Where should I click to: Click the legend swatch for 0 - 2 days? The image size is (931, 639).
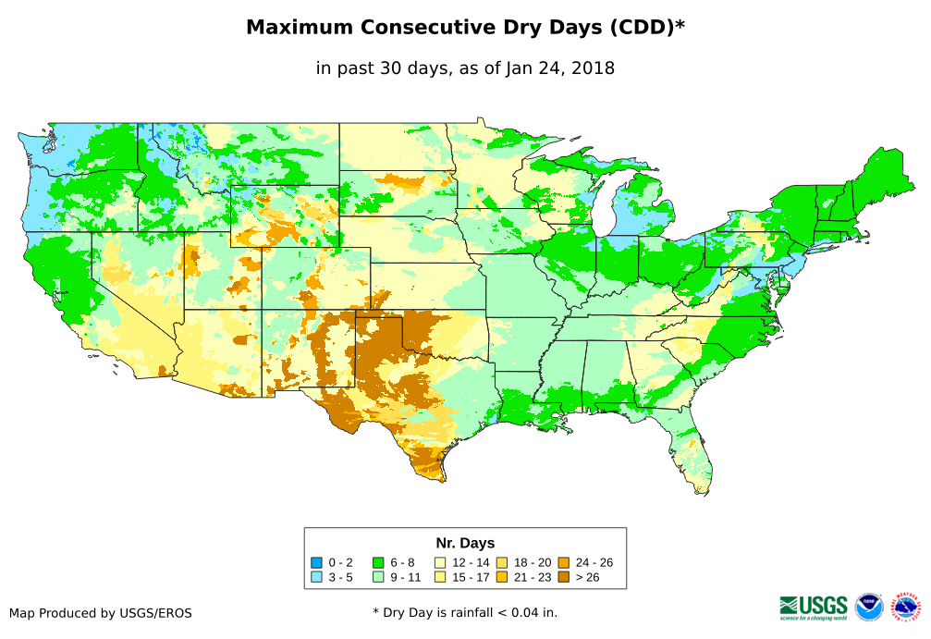pyautogui.click(x=317, y=562)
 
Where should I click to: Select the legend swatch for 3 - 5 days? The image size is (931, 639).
pyautogui.click(x=317, y=577)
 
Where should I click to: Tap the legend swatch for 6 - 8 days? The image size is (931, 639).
pyautogui.click(x=378, y=562)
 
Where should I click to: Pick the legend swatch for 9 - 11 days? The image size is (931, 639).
pyautogui.click(x=378, y=577)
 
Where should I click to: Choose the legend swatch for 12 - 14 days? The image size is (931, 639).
pyautogui.click(x=441, y=562)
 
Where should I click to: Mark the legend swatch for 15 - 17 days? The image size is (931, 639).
pyautogui.click(x=441, y=577)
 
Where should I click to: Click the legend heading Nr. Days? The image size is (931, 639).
pyautogui.click(x=465, y=543)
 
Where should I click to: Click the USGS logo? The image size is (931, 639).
pyautogui.click(x=814, y=607)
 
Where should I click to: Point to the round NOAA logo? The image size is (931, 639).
pyautogui.click(x=870, y=607)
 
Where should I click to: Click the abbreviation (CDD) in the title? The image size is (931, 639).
pyautogui.click(x=637, y=28)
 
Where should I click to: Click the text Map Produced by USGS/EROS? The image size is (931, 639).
pyautogui.click(x=101, y=613)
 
